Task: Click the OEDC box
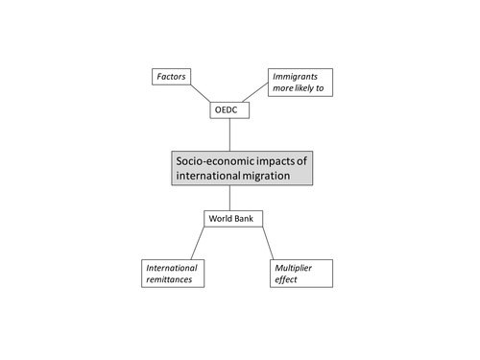[229, 110]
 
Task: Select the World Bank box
[233, 219]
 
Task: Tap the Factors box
[171, 77]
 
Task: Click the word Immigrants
[295, 77]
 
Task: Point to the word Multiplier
[293, 268]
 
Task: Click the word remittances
[169, 279]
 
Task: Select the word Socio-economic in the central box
[215, 161]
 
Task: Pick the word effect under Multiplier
[286, 279]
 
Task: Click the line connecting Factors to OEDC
[201, 93]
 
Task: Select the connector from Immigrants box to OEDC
[255, 92]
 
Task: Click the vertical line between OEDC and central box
[229, 134]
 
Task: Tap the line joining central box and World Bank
[229, 198]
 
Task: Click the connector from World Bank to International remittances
[198, 243]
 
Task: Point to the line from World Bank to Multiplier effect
[268, 243]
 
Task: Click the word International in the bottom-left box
[172, 268]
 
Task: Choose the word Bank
[243, 219]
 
